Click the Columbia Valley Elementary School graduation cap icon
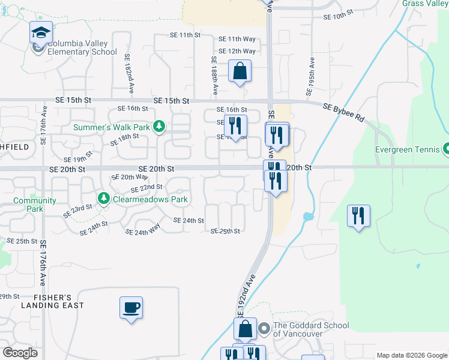pyautogui.click(x=41, y=32)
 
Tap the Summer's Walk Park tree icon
pyautogui.click(x=159, y=126)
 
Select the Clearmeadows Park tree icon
pyautogui.click(x=103, y=198)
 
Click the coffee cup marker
pyautogui.click(x=131, y=308)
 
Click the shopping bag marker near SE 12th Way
pyautogui.click(x=240, y=72)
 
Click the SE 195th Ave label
pyautogui.click(x=311, y=77)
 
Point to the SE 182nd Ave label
pyautogui.click(x=128, y=74)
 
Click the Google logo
pyautogui.click(x=20, y=353)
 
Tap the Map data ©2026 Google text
pyautogui.click(x=412, y=355)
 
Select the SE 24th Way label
pyautogui.click(x=143, y=229)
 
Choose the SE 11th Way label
pyautogui.click(x=237, y=38)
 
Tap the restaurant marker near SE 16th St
pyautogui.click(x=235, y=126)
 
